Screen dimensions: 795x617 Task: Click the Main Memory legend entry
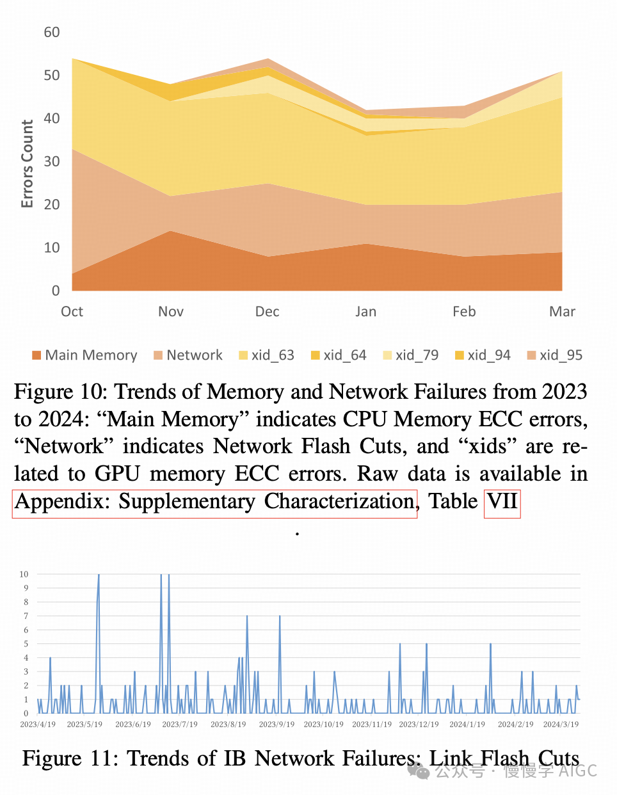click(x=84, y=355)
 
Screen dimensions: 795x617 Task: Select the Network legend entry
click(x=188, y=355)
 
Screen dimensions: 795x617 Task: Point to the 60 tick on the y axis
click(x=52, y=32)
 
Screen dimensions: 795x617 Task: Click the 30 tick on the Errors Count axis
click(x=52, y=161)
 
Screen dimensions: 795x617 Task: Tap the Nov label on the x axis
click(x=171, y=312)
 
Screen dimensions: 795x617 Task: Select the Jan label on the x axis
click(x=366, y=312)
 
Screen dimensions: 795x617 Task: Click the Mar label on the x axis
click(x=562, y=312)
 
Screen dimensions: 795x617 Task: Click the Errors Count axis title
click(x=27, y=164)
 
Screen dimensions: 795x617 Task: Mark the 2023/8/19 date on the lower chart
click(x=228, y=725)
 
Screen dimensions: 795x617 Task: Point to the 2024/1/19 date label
click(x=467, y=725)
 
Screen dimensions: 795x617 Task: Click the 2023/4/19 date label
click(x=38, y=725)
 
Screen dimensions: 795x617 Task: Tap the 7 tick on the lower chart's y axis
click(x=26, y=616)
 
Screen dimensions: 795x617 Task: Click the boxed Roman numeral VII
click(x=502, y=501)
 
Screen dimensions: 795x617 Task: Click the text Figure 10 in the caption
click(x=57, y=392)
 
